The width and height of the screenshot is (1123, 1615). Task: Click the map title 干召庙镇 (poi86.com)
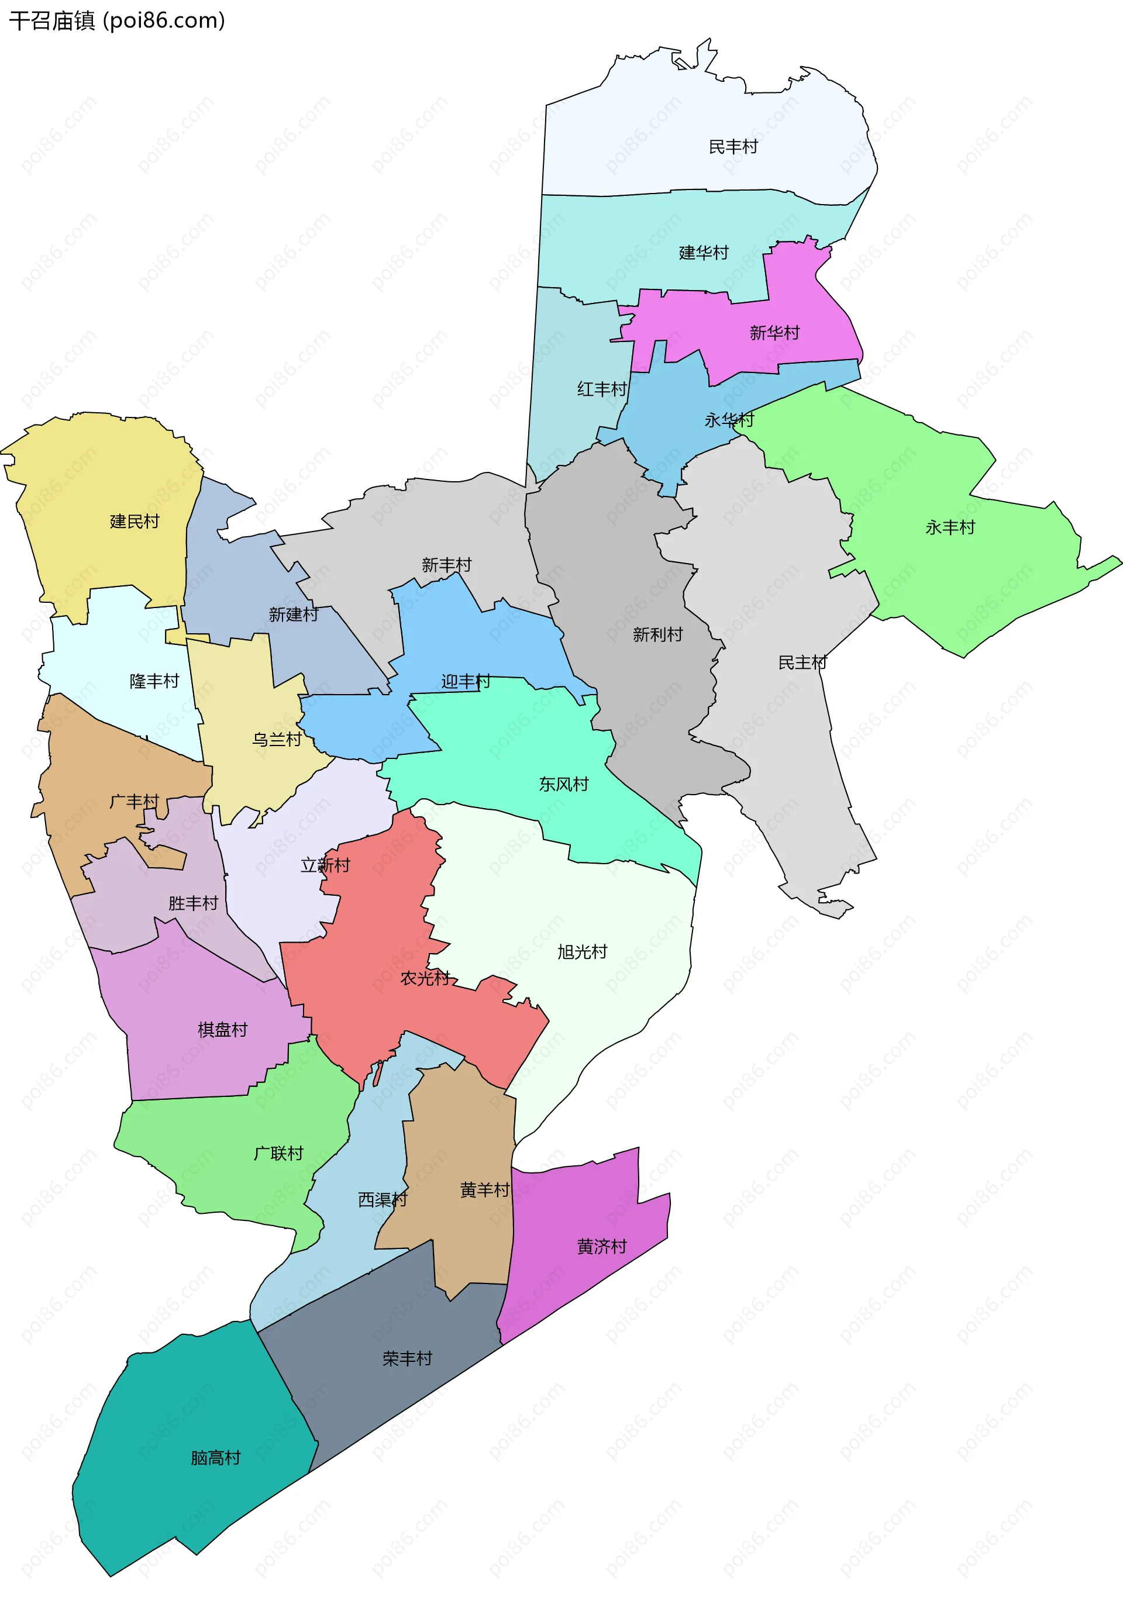pyautogui.click(x=117, y=21)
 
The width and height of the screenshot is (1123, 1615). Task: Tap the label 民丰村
pyautogui.click(x=733, y=147)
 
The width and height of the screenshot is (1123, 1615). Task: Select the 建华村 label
pyautogui.click(x=704, y=253)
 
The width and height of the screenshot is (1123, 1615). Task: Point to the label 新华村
pyautogui.click(x=775, y=333)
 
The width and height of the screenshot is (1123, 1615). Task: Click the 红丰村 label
pyautogui.click(x=602, y=389)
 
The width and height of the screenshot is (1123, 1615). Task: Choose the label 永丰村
pyautogui.click(x=950, y=527)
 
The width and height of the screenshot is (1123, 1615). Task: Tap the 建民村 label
pyautogui.click(x=135, y=521)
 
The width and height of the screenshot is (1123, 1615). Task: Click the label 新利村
pyautogui.click(x=657, y=634)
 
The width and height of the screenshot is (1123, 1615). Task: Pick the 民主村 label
pyautogui.click(x=802, y=662)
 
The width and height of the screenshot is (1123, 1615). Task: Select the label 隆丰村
pyautogui.click(x=154, y=681)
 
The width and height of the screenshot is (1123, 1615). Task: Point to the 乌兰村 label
pyautogui.click(x=277, y=739)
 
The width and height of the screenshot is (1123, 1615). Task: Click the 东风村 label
pyautogui.click(x=564, y=784)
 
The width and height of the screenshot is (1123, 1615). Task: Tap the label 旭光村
pyautogui.click(x=582, y=952)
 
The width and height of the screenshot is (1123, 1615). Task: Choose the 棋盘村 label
pyautogui.click(x=222, y=1030)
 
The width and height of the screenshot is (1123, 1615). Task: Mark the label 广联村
pyautogui.click(x=278, y=1153)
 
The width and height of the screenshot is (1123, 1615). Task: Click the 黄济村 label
pyautogui.click(x=602, y=1247)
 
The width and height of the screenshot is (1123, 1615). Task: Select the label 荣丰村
pyautogui.click(x=408, y=1358)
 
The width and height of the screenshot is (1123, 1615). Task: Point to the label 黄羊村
pyautogui.click(x=485, y=1189)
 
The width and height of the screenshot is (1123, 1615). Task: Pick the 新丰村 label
pyautogui.click(x=446, y=565)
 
